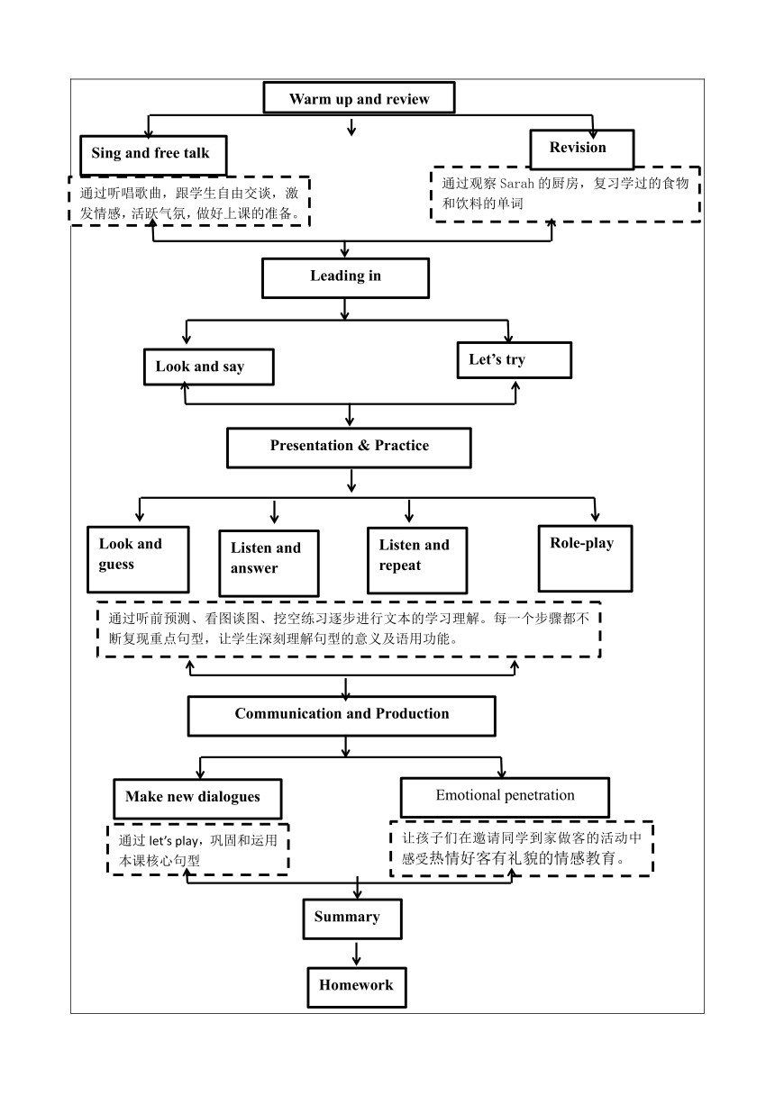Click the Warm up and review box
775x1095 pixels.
[x=360, y=98]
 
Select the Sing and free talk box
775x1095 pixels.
[x=153, y=155]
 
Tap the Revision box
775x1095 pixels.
[x=582, y=149]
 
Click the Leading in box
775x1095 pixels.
[x=345, y=277]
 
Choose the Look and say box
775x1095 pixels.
[x=209, y=367]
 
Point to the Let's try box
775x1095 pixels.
[x=515, y=360]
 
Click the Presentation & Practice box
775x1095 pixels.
[x=349, y=448]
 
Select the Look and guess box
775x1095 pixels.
[x=138, y=559]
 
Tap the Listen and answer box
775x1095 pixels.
[x=269, y=563]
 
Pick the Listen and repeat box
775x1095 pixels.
[x=417, y=560]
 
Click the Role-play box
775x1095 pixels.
[x=585, y=558]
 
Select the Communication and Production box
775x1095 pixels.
[x=342, y=716]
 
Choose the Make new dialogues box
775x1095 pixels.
[x=197, y=799]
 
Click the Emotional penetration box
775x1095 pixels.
[x=505, y=797]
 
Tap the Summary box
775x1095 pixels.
[x=352, y=919]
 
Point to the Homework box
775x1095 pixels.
[x=357, y=988]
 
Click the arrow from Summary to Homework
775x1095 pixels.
[x=356, y=954]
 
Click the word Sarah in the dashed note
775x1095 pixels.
[x=516, y=184]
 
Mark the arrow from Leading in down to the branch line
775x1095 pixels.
[x=344, y=309]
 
